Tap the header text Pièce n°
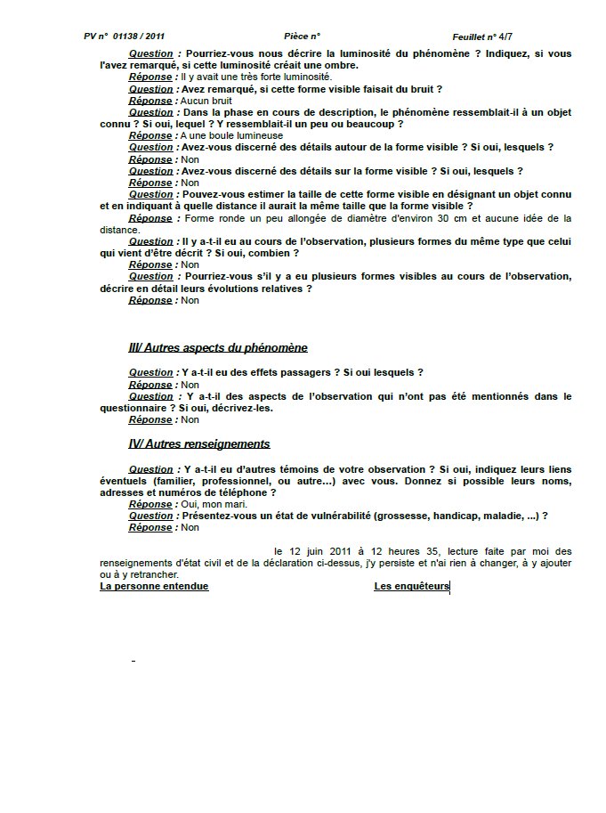point(302,37)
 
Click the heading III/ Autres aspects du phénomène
point(218,347)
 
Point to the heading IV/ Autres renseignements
point(199,443)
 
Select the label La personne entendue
point(154,586)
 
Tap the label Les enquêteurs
point(411,586)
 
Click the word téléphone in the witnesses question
point(245,492)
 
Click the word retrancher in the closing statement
point(144,574)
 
